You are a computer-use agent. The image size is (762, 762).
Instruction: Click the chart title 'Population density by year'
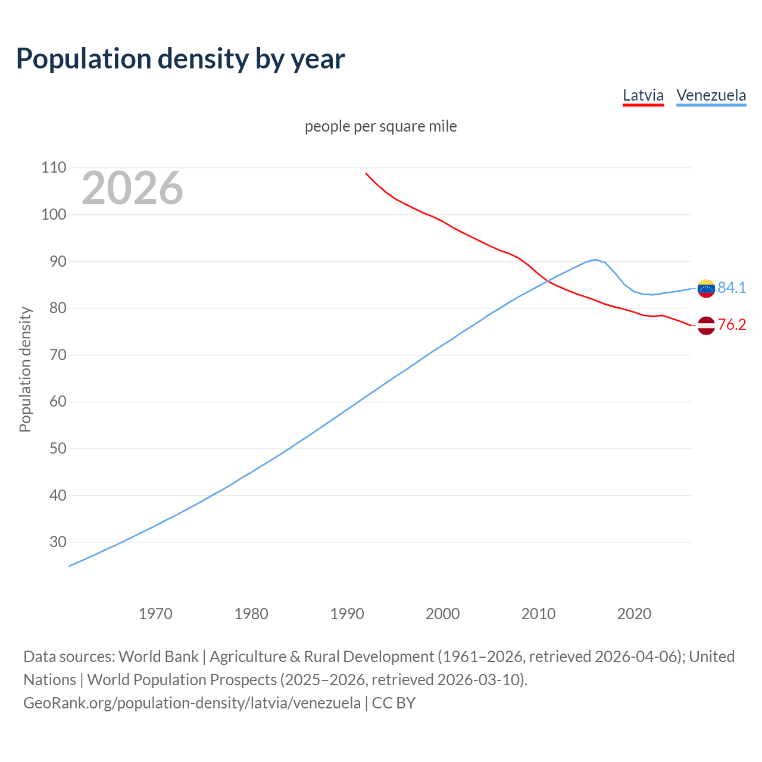(x=180, y=58)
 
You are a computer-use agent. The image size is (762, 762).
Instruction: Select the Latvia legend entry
(x=643, y=95)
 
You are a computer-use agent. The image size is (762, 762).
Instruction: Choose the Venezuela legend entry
(x=711, y=95)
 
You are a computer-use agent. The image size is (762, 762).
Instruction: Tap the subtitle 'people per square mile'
(x=381, y=126)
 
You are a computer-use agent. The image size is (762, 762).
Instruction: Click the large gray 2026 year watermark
(x=132, y=188)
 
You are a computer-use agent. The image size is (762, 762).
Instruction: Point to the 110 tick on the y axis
(x=54, y=168)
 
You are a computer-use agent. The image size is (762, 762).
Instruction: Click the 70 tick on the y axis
(x=54, y=355)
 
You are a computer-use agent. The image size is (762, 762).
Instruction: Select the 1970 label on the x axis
(x=155, y=613)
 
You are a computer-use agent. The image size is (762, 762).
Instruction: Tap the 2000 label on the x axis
(x=442, y=613)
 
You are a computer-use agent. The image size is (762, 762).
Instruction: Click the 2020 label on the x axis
(x=634, y=613)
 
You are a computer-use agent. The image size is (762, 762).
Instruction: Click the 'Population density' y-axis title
(x=25, y=369)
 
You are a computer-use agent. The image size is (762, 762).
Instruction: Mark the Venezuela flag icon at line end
(x=706, y=288)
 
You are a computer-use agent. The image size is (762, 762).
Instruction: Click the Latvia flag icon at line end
(x=706, y=326)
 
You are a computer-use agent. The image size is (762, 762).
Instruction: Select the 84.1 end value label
(x=732, y=288)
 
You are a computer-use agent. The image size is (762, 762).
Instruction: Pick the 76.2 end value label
(x=732, y=325)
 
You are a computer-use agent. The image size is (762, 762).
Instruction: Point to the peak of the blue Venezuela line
(x=595, y=260)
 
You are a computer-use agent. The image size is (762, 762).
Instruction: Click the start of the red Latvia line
(x=366, y=173)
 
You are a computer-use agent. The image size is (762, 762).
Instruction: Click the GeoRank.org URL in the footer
(x=192, y=703)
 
